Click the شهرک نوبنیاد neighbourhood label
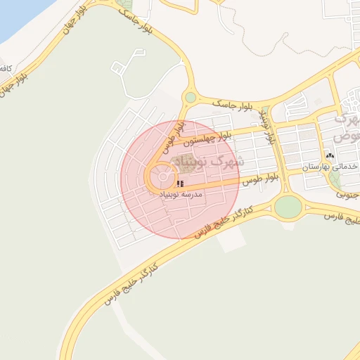pos(208,162)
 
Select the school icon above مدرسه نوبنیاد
pos(181,184)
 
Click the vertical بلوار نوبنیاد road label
pos(267,126)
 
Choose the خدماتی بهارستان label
pos(331,167)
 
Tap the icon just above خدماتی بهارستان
pos(330,155)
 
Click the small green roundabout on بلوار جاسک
pos(190,98)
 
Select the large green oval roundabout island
pos(287,207)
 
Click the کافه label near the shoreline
pos(6,68)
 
